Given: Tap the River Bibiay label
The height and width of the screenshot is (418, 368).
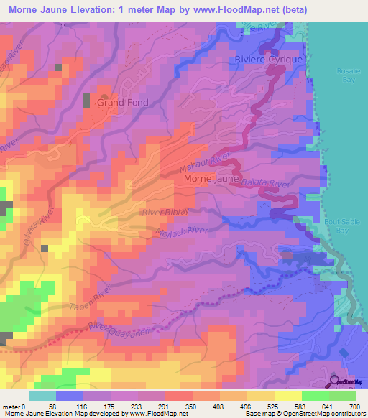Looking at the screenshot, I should [x=165, y=213].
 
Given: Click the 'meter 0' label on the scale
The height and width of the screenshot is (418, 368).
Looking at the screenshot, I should [x=14, y=407].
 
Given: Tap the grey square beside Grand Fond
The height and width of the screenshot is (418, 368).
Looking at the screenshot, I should [x=87, y=101].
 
